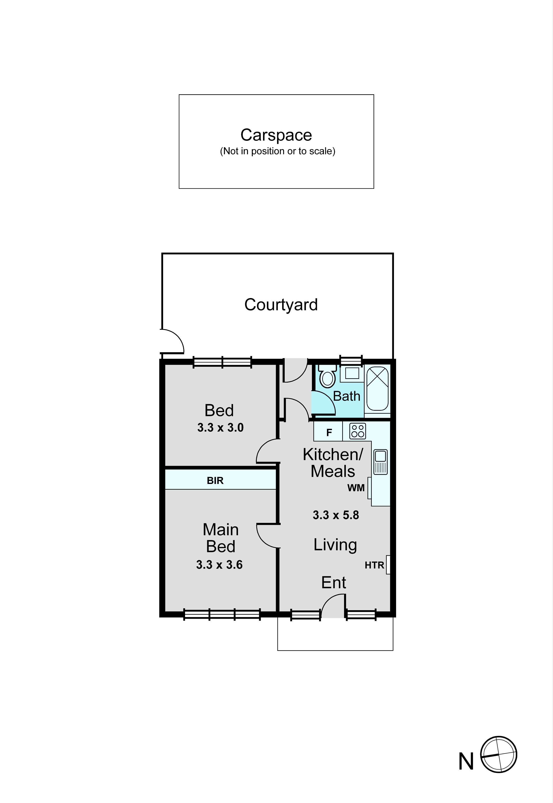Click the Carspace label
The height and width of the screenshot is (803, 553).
click(x=276, y=135)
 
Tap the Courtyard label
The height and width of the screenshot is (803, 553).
click(x=281, y=305)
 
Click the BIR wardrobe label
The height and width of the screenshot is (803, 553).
click(x=215, y=481)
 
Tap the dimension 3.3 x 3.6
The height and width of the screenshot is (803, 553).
click(x=219, y=565)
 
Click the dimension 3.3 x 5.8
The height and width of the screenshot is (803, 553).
click(x=336, y=515)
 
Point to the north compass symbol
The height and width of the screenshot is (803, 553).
click(x=499, y=755)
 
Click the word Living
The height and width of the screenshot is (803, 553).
click(x=335, y=545)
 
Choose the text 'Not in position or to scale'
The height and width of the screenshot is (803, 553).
click(x=278, y=151)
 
